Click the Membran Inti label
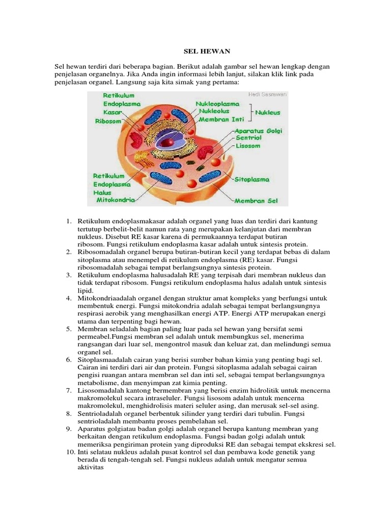click(x=220, y=119)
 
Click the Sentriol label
click(x=248, y=138)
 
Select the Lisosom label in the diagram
click(x=248, y=146)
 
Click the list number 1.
click(x=69, y=222)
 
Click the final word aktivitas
click(x=91, y=467)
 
